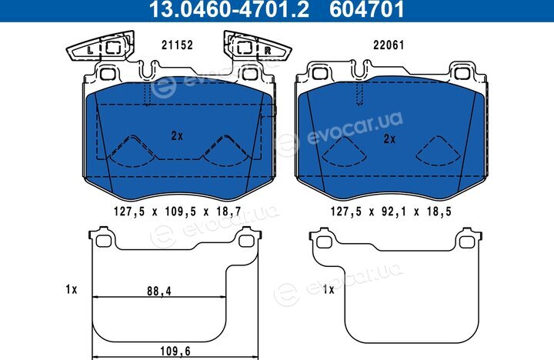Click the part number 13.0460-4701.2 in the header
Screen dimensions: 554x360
[x=229, y=9]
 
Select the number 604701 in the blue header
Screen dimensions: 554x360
[x=366, y=9]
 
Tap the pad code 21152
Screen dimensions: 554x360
[x=177, y=45]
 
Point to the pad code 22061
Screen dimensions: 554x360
[x=389, y=45]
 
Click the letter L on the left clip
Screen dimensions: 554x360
[x=90, y=51]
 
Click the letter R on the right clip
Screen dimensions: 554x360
[x=268, y=51]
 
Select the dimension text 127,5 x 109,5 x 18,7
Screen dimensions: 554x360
[x=178, y=212]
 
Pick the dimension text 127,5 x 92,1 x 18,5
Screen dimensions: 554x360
[x=391, y=212]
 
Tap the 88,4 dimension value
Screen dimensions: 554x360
[x=159, y=291]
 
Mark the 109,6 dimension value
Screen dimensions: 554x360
[x=175, y=352]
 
